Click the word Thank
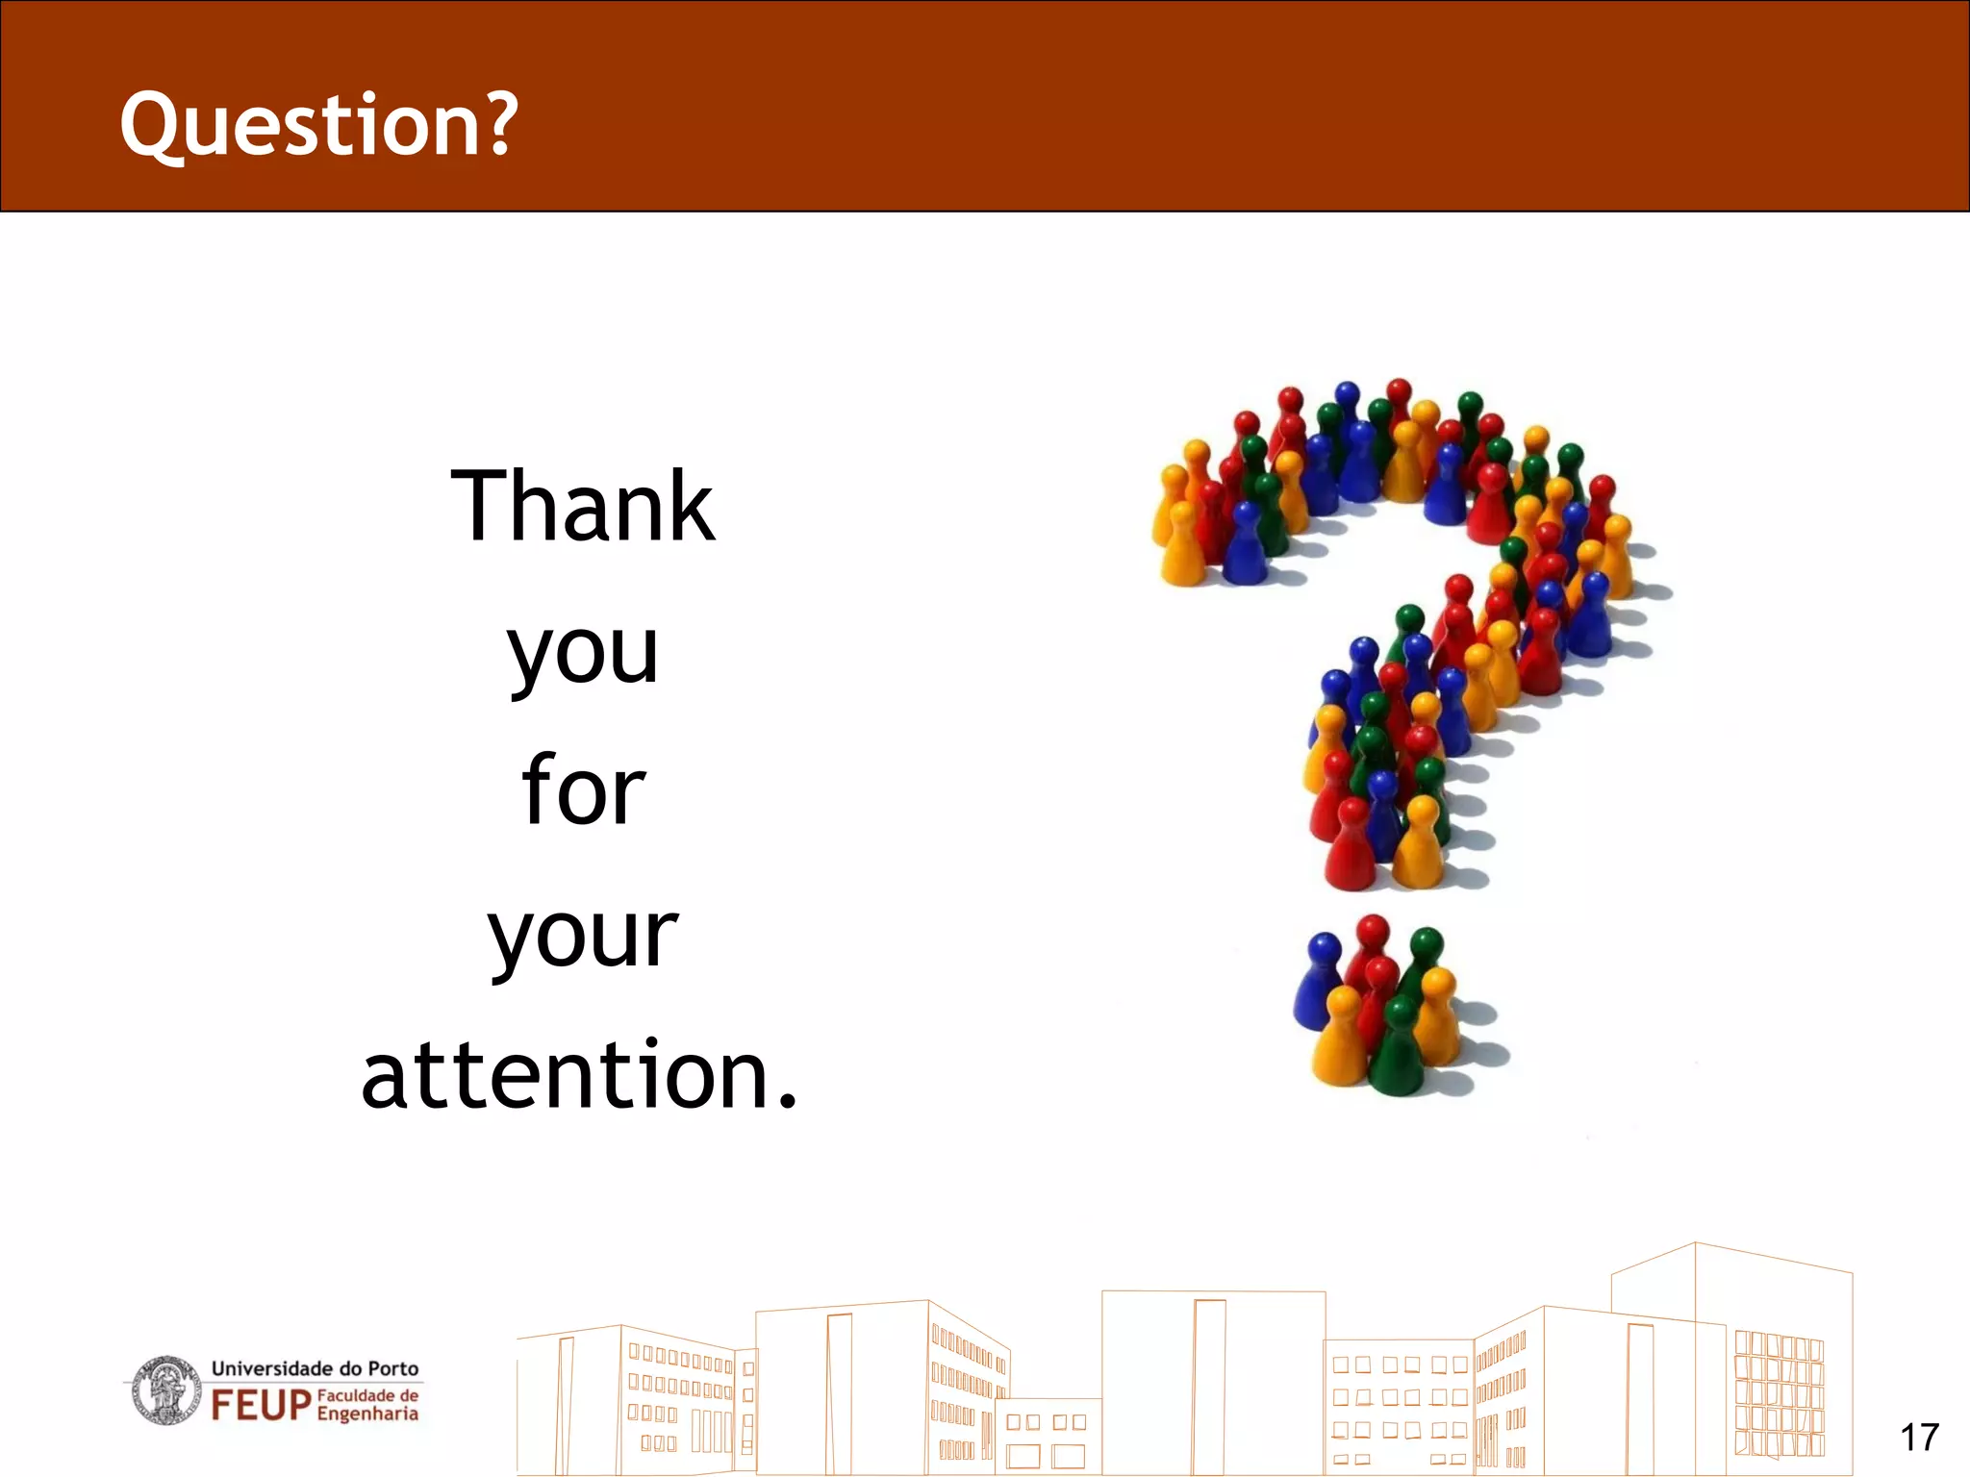582,507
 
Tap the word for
583,790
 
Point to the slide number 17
1918,1438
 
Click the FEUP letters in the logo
261,1405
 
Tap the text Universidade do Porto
315,1367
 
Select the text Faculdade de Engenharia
367,1405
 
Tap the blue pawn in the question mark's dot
1321,981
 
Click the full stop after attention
788,1102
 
